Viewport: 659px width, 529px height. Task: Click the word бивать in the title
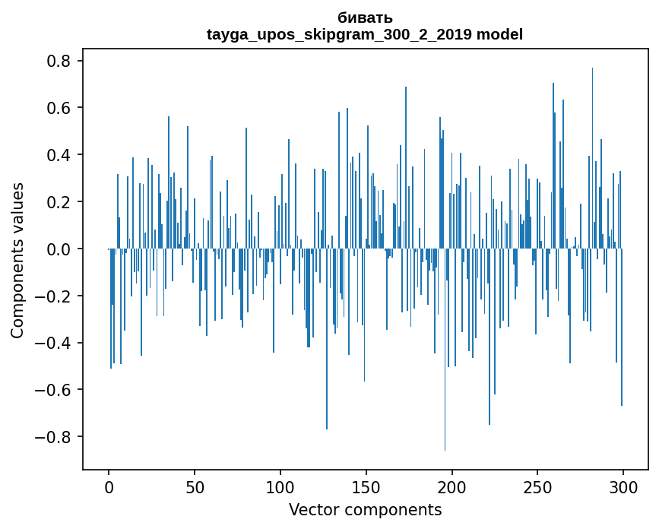[365, 17]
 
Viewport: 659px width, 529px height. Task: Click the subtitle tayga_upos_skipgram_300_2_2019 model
[365, 34]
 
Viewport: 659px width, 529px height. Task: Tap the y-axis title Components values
[17, 260]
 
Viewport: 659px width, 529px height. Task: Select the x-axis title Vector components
[365, 509]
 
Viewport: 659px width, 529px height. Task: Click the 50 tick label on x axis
[195, 486]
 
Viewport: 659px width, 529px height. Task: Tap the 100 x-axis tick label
[280, 486]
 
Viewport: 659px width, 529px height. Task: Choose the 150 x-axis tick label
[366, 486]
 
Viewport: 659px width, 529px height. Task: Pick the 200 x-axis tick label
[452, 486]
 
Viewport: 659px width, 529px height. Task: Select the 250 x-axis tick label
[538, 486]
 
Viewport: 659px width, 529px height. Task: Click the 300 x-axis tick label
[624, 486]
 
